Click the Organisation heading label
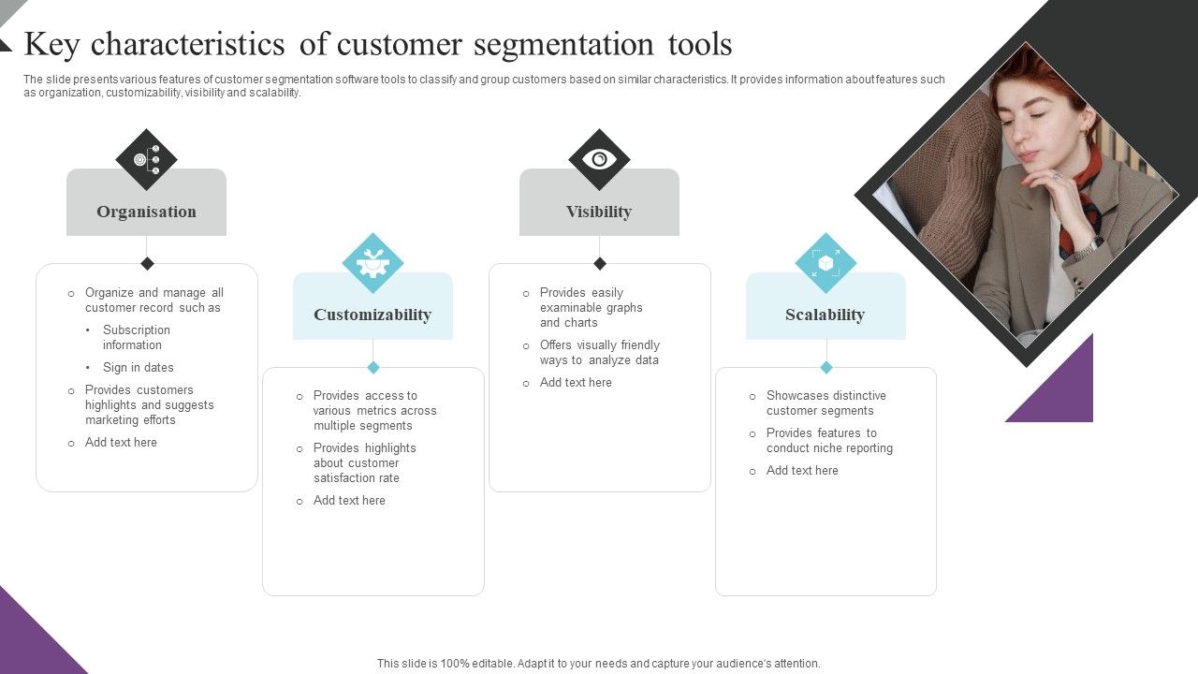point(146,212)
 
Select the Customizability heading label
point(373,315)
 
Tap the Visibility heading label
point(599,212)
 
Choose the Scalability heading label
point(825,315)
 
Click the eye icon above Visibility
point(599,159)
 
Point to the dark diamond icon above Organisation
point(146,159)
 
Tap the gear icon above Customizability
point(373,263)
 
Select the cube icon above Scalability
point(825,263)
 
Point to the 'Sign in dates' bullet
point(138,368)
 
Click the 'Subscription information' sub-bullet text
point(137,337)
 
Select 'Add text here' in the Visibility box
point(576,383)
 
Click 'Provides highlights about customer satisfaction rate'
point(365,463)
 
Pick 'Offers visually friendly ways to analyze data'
point(599,353)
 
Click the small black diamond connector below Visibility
point(599,263)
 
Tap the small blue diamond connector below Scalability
point(825,367)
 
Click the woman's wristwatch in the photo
point(1087,248)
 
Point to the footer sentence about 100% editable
point(599,664)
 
